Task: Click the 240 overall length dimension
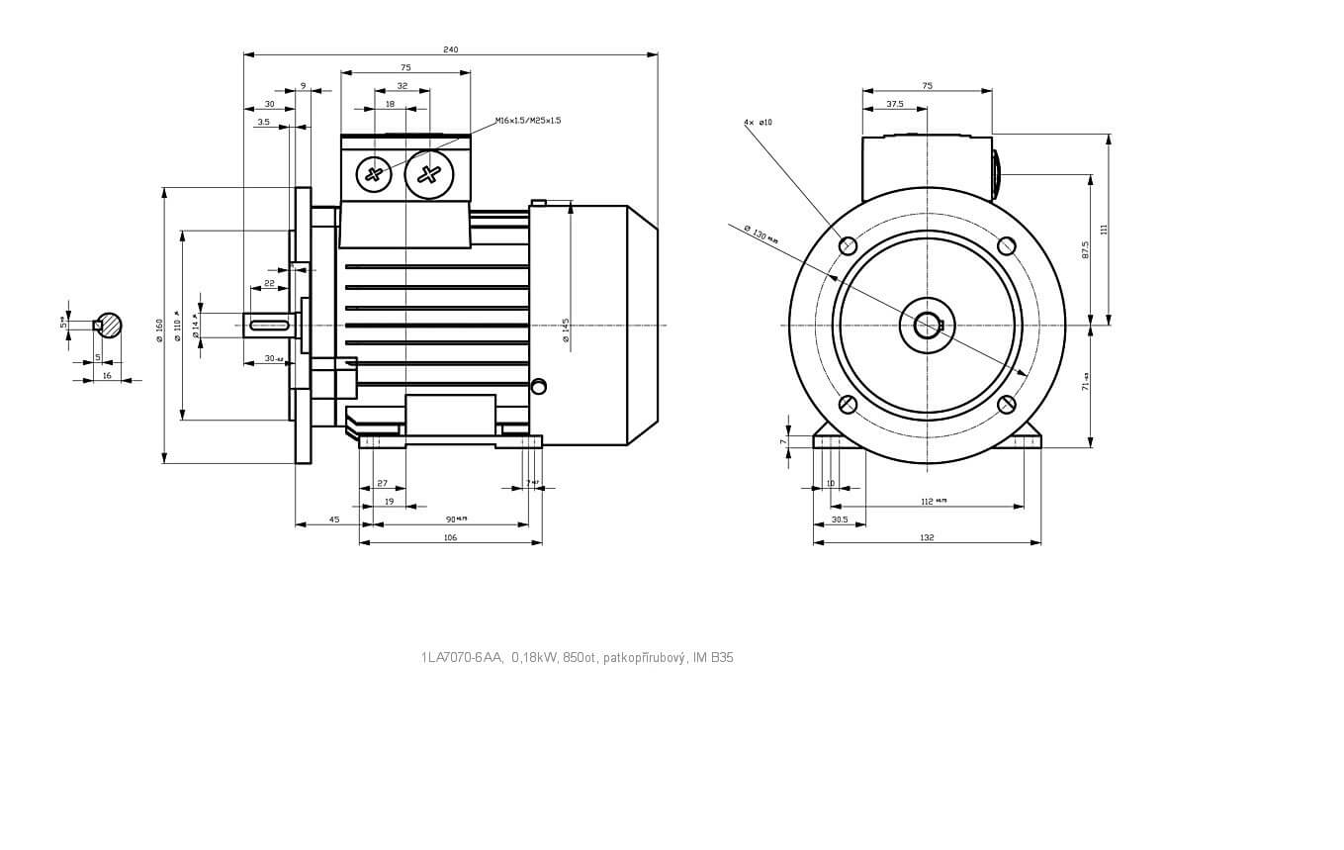pyautogui.click(x=451, y=49)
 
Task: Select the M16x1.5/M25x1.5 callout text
pyautogui.click(x=528, y=121)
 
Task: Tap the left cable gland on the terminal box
pyautogui.click(x=374, y=175)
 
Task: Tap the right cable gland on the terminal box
pyautogui.click(x=428, y=174)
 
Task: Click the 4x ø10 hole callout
pyautogui.click(x=758, y=123)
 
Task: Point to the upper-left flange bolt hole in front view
pyautogui.click(x=848, y=245)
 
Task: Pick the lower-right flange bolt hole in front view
pyautogui.click(x=1007, y=404)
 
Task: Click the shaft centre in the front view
pyautogui.click(x=928, y=325)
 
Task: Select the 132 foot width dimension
pyautogui.click(x=927, y=538)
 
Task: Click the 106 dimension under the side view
pyautogui.click(x=450, y=538)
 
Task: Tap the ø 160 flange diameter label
pyautogui.click(x=159, y=331)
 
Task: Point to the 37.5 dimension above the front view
pyautogui.click(x=895, y=104)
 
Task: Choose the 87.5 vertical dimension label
pyautogui.click(x=1085, y=249)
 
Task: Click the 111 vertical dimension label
pyautogui.click(x=1104, y=230)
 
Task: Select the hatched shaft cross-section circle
pyautogui.click(x=109, y=325)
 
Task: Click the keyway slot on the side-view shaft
pyautogui.click(x=269, y=325)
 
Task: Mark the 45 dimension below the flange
pyautogui.click(x=334, y=519)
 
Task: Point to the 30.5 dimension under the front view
pyautogui.click(x=840, y=519)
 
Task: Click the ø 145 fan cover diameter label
pyautogui.click(x=566, y=331)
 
